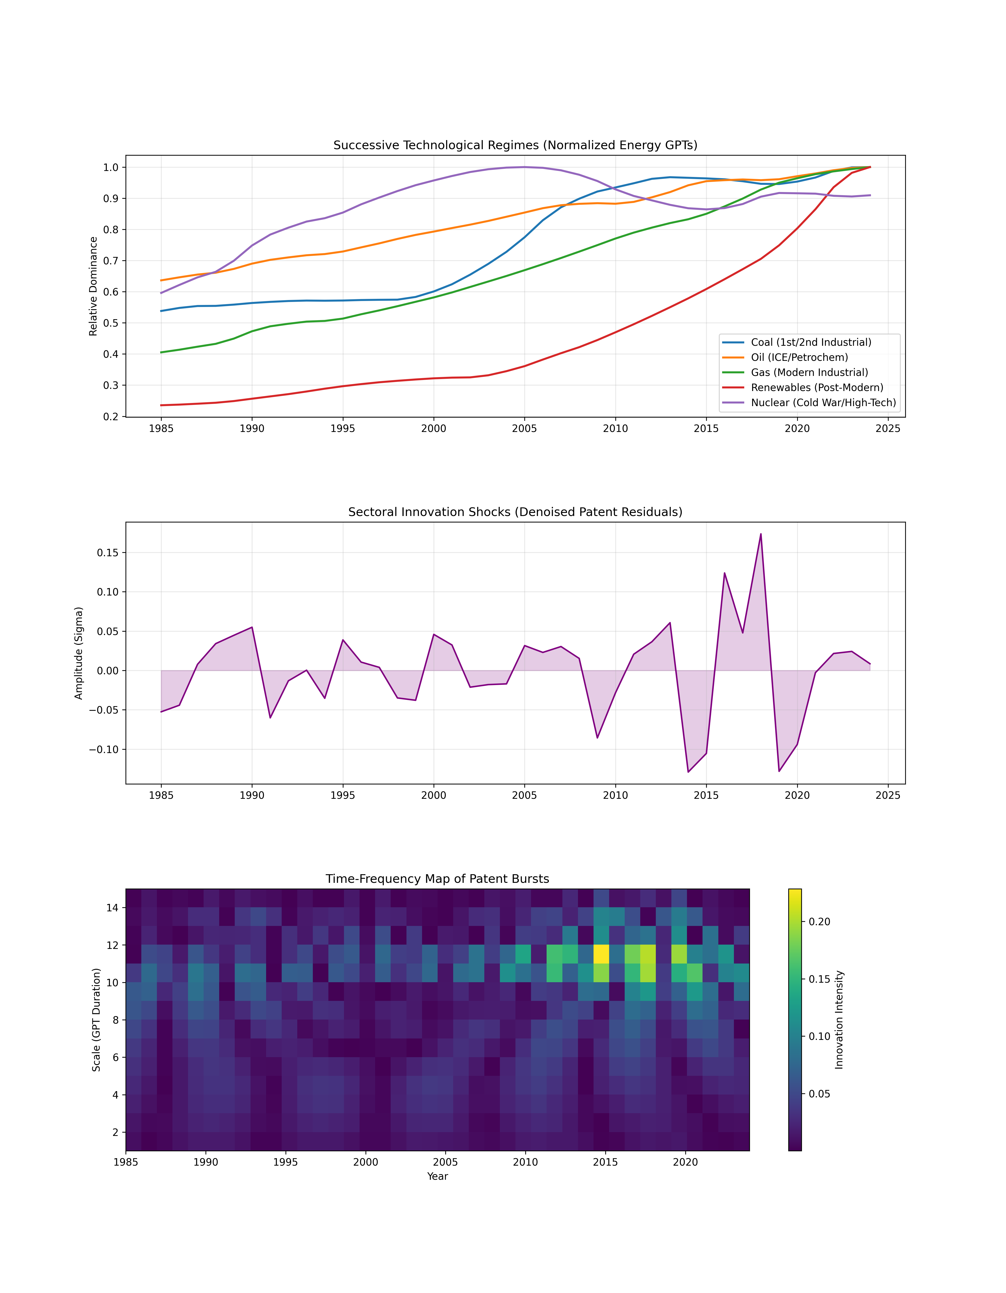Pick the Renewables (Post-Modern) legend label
[817, 388]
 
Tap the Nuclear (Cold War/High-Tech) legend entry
[823, 403]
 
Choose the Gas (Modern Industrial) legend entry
[809, 372]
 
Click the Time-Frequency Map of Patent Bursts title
[437, 879]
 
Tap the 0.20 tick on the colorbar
[819, 922]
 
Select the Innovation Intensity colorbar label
[839, 1020]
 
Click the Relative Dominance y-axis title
[93, 287]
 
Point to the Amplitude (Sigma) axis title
[79, 653]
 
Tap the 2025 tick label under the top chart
[888, 429]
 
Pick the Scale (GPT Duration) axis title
[96, 1020]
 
